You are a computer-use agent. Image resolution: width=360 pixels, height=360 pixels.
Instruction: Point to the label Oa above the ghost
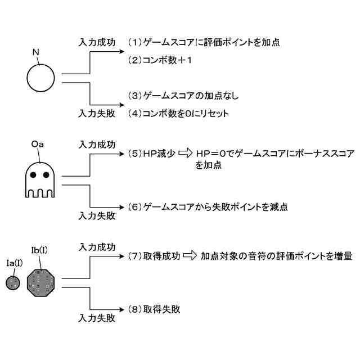38,144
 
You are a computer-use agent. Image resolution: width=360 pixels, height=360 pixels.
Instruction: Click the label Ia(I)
13,262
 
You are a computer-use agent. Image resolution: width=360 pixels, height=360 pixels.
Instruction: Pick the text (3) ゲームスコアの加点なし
183,95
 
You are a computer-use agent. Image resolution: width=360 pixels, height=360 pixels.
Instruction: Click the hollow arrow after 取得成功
190,256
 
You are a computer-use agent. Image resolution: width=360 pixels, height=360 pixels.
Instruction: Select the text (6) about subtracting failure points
208,207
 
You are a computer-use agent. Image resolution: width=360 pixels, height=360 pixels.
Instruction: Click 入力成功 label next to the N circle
97,42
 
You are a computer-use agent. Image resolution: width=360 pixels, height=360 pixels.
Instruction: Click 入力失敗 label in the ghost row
97,215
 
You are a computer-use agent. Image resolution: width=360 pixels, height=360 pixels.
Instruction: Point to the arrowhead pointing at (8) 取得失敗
119,309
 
